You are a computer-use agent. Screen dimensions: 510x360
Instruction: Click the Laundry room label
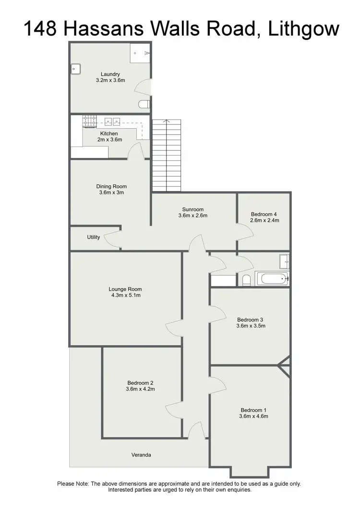[110, 74]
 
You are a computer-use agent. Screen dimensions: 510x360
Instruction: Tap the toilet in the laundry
[144, 104]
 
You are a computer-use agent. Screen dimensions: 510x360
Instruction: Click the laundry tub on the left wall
[75, 69]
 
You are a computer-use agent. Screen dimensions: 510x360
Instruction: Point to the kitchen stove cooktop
[90, 121]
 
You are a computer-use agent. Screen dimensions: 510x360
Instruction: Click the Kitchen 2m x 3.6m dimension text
[109, 140]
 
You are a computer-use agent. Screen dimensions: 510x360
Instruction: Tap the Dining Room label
[111, 186]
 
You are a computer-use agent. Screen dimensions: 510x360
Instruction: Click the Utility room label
[94, 237]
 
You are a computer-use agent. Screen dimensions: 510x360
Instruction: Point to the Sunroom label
[193, 209]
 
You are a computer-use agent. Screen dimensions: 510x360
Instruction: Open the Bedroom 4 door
[245, 234]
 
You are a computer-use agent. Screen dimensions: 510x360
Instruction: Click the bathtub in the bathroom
[272, 279]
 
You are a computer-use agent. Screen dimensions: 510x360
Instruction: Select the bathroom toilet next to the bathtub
[246, 280]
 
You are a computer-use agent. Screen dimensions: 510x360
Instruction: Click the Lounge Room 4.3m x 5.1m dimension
[125, 295]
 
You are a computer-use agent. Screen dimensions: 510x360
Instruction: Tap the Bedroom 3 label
[251, 319]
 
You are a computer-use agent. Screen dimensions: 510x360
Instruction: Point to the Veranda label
[141, 455]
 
